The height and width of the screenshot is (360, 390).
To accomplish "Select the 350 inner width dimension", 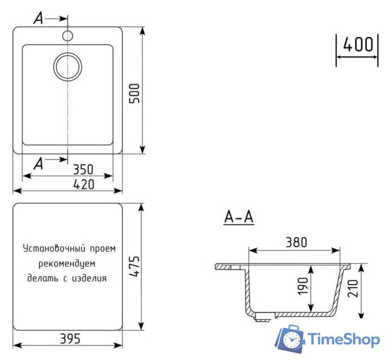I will [82, 169].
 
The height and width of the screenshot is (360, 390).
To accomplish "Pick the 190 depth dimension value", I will [303, 286].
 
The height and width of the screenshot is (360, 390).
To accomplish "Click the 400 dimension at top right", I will [358, 44].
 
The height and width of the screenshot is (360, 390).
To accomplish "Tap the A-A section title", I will [239, 217].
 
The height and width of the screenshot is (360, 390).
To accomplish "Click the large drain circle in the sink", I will [68, 66].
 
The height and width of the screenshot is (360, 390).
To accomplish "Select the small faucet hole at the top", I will [68, 36].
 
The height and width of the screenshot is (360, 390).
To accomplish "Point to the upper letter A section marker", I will [38, 19].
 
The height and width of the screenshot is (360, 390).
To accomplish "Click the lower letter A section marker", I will [38, 164].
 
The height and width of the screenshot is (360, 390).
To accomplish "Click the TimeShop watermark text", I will [344, 340].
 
